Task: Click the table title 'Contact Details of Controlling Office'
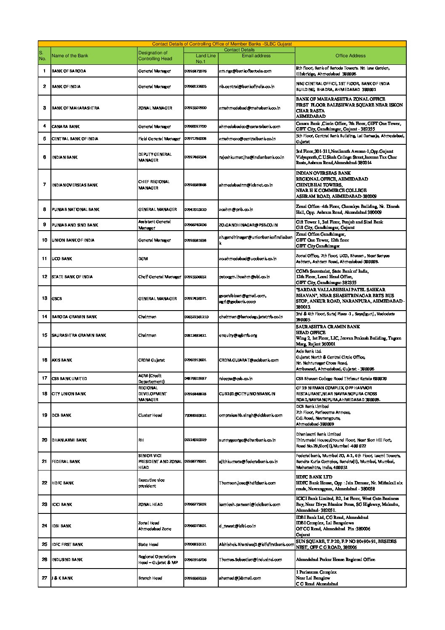pyautogui.click(x=222, y=44)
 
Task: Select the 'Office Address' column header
pyautogui.click(x=350, y=56)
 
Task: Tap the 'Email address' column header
pyautogui.click(x=256, y=56)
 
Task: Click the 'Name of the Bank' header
pyautogui.click(x=70, y=56)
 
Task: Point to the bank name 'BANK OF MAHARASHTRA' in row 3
pyautogui.click(x=75, y=108)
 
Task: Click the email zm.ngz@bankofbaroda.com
pyautogui.click(x=245, y=71)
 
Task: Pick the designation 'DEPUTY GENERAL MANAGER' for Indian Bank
pyautogui.click(x=155, y=157)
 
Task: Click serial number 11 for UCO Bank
pyautogui.click(x=44, y=259)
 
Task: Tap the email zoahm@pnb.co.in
pyautogui.click(x=236, y=210)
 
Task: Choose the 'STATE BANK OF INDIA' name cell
pyautogui.click(x=72, y=277)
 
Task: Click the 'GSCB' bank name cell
pyautogui.click(x=57, y=299)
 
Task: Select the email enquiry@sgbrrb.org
pyautogui.click(x=238, y=335)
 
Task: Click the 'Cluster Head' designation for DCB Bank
pyautogui.click(x=150, y=415)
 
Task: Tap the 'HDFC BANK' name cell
pyautogui.click(x=62, y=483)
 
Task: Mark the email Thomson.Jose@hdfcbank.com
pyautogui.click(x=247, y=483)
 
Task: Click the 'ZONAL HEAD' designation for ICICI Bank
pyautogui.click(x=150, y=505)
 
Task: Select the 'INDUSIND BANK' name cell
pyautogui.click(x=67, y=560)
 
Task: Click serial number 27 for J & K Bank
pyautogui.click(x=44, y=578)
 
